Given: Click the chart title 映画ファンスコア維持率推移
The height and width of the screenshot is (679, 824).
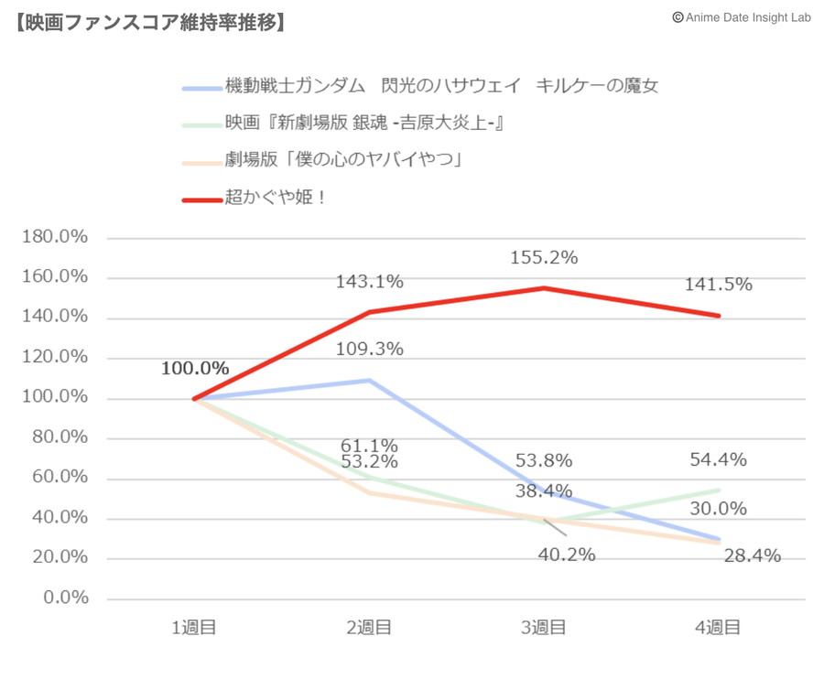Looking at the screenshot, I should tap(150, 21).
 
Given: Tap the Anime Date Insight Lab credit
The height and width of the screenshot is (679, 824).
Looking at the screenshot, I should tap(742, 16).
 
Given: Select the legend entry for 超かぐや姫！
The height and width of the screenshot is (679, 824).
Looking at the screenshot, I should tap(276, 197).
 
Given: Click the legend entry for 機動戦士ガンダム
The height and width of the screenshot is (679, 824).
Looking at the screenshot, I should tap(441, 87).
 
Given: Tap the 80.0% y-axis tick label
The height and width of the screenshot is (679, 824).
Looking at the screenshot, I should tap(58, 437).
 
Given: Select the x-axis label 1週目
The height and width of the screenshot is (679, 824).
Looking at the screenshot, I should tap(194, 628).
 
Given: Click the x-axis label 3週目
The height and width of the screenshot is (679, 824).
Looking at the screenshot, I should tap(544, 628).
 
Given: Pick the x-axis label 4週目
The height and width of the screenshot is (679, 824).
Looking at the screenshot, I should tap(719, 628).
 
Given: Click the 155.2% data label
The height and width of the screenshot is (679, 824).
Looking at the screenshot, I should tap(544, 258).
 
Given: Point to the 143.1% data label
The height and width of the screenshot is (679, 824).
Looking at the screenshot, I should tap(369, 282).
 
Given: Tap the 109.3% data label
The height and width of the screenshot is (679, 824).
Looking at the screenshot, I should tap(369, 349).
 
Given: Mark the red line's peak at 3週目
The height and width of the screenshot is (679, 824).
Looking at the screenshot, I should tap(544, 288).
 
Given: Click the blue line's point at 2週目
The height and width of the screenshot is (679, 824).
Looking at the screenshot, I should tap(369, 380).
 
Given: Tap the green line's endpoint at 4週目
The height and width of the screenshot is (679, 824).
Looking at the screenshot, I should tap(719, 490).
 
